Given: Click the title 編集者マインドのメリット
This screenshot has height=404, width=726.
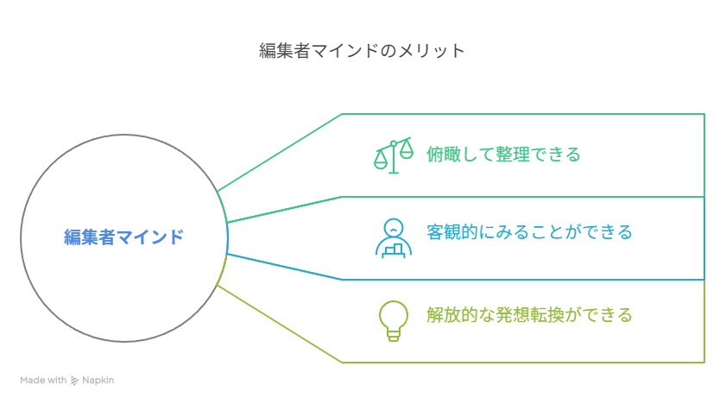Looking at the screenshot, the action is pos(362,50).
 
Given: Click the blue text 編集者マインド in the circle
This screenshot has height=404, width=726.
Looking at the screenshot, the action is pos(123,237).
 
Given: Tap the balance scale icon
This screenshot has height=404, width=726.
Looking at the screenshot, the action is pos(394,155).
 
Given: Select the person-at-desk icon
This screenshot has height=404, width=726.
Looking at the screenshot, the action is pos(394,238).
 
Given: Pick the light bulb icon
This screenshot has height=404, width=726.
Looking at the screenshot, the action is pos(394,321).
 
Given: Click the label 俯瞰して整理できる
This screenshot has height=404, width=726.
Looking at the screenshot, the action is pos(503,155).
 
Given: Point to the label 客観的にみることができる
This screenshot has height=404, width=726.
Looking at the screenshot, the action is pos(529,232).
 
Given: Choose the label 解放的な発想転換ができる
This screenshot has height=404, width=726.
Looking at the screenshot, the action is pos(529,315).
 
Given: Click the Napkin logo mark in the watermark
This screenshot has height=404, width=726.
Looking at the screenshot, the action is pos(74,381).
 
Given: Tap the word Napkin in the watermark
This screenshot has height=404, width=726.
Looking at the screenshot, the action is pos(98,380).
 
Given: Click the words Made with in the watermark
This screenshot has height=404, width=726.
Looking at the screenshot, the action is pos(43,380).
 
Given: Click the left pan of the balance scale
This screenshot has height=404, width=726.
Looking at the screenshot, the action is pos(381,160).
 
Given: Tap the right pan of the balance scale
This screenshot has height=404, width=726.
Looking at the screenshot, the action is pos(407,150).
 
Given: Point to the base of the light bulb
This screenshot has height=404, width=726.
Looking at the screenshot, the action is pos(394,336).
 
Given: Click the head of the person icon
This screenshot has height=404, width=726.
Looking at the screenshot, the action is pos(394,228).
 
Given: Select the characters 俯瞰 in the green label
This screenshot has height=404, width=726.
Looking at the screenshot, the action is pos(444,155).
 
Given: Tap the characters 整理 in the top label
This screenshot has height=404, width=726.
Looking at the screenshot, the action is pos(513,155).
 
